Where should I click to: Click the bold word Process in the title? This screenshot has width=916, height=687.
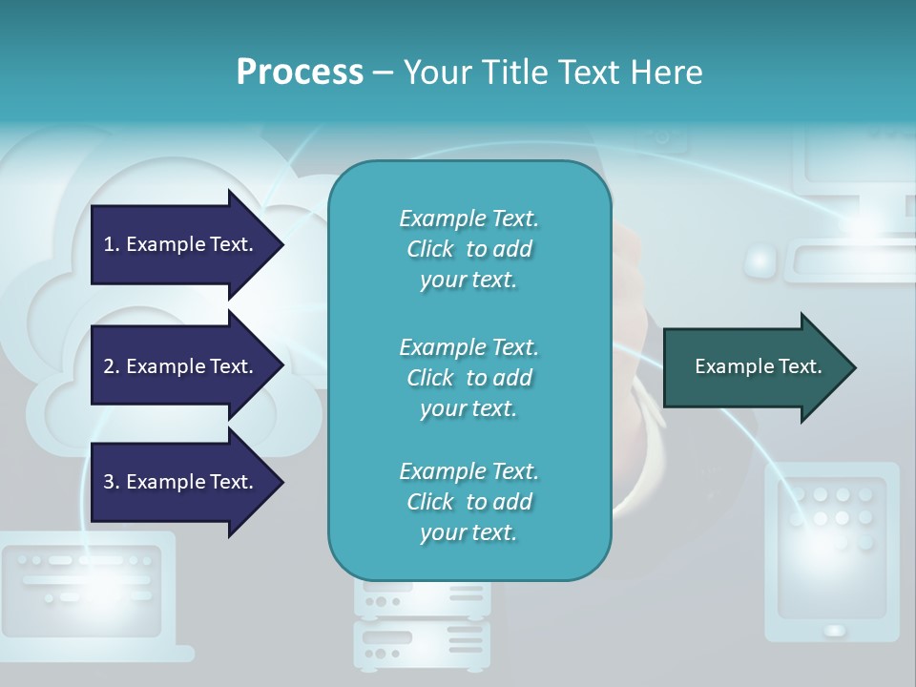point(300,72)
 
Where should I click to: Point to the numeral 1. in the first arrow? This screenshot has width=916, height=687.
point(112,244)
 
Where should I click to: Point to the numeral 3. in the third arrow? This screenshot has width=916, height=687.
point(112,482)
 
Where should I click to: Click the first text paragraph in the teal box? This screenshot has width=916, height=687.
point(468,249)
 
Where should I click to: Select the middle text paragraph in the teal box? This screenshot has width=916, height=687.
point(468,378)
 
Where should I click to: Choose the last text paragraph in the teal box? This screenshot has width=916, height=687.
point(468,502)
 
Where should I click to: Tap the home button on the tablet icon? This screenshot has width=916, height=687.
point(834,630)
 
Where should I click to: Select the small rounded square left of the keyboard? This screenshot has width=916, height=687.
point(760,259)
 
